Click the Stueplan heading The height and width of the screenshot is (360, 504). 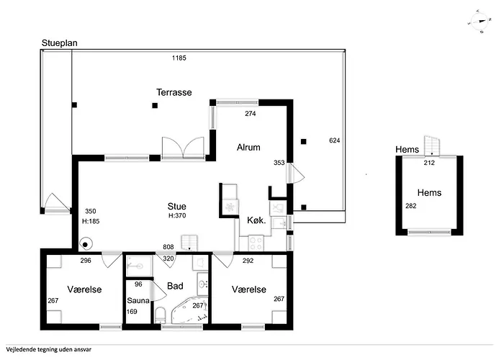pos(60,43)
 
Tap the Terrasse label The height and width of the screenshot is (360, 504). pos(174,92)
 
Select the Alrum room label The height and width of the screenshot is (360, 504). pos(248,147)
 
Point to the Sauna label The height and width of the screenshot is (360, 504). pos(138,300)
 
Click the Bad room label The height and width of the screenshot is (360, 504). pos(175,286)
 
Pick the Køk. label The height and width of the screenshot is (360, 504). pos(256,220)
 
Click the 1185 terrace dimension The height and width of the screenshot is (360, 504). pos(179,58)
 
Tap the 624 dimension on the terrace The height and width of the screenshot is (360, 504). pos(335,140)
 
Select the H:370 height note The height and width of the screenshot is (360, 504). pos(177,216)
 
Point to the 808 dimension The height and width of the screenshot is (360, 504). pos(168,246)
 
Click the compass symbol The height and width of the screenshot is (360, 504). pos(480,22)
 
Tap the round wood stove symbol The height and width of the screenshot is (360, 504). pos(86,245)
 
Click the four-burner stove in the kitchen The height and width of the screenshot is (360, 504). pos(256,243)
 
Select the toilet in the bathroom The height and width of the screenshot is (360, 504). pos(160,315)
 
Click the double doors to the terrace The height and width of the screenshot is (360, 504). pos(183,148)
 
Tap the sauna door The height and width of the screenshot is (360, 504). pos(158,291)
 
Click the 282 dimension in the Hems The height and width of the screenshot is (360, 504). pos(411,206)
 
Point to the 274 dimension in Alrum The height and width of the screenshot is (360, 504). pos(251,113)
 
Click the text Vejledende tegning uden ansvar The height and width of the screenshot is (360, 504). pos(48,349)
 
